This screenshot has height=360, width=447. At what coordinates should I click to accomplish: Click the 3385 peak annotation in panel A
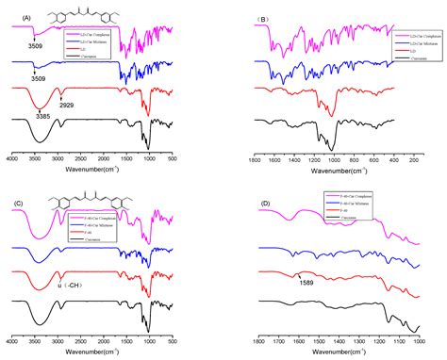click(x=43, y=115)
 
